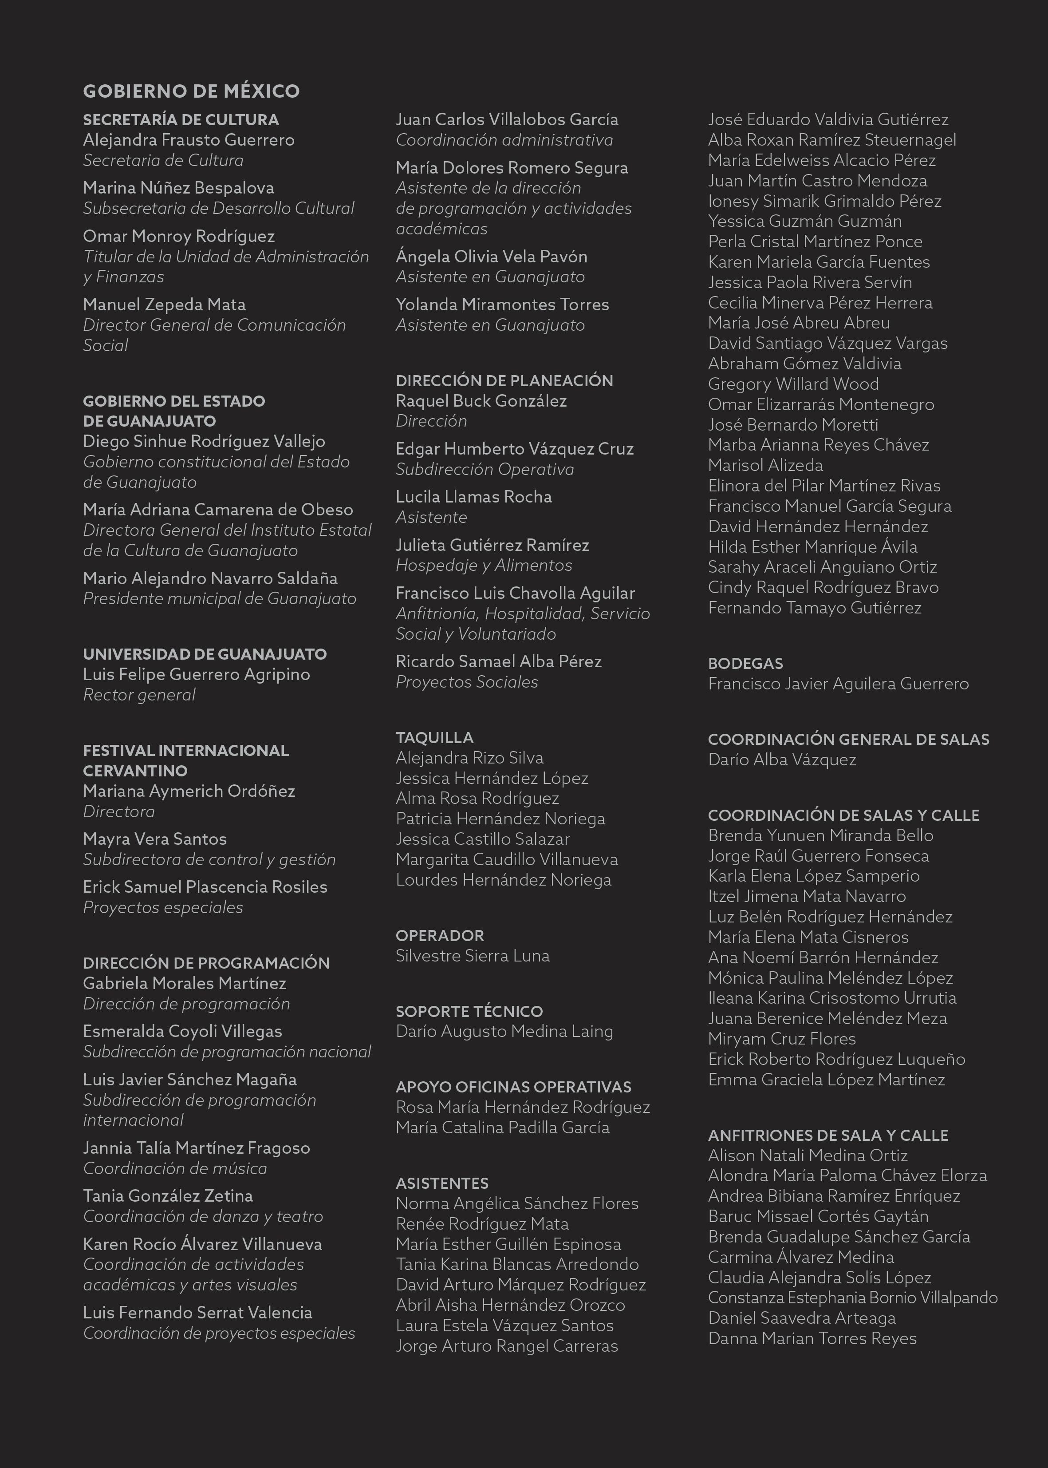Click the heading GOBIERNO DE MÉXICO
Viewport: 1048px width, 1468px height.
coord(191,91)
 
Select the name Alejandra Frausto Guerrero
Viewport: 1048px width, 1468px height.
coord(189,140)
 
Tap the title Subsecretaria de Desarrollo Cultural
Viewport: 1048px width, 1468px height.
coord(219,209)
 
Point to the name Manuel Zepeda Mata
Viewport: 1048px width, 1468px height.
coord(164,305)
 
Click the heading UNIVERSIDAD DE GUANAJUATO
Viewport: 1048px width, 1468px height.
coord(205,654)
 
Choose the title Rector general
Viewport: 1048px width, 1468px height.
coord(139,695)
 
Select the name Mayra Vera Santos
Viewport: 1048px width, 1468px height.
coord(155,839)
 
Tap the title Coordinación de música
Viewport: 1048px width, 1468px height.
coord(175,1168)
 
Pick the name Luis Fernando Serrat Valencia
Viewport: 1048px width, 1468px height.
coord(197,1313)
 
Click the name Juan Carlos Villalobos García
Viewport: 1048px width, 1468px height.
coord(507,119)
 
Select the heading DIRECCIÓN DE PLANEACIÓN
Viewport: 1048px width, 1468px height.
coord(504,381)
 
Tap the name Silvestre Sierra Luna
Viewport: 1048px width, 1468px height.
coord(473,956)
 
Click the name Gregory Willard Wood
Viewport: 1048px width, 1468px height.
coord(793,384)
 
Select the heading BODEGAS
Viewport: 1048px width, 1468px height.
coord(745,664)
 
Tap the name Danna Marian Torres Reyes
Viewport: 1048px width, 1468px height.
coord(812,1338)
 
